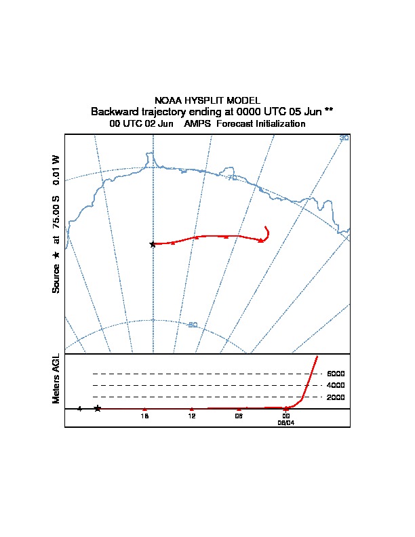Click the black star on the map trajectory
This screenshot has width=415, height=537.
tap(153, 244)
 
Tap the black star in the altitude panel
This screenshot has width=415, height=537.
tap(98, 408)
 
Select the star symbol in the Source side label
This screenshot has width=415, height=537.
tap(56, 256)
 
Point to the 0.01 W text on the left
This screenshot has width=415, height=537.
tap(56, 167)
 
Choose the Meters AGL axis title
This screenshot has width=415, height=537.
tap(56, 378)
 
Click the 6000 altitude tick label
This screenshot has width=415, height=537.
tap(336, 374)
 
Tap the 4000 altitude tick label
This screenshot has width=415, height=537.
tap(336, 385)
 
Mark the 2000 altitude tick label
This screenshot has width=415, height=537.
tap(336, 397)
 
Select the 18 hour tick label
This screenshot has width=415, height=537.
tap(144, 416)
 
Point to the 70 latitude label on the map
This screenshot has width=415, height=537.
tap(232, 178)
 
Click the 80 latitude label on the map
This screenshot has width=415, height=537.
tap(193, 325)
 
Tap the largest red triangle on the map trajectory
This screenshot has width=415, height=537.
tap(261, 240)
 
